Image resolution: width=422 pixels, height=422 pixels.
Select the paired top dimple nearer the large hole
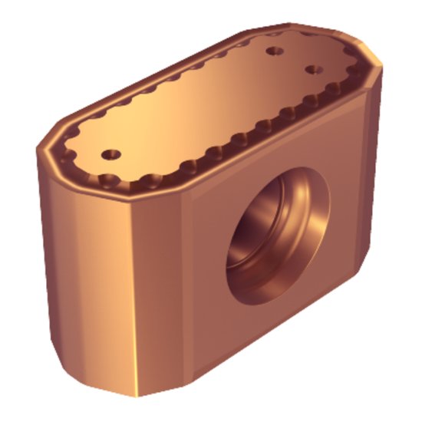click(x=312, y=69)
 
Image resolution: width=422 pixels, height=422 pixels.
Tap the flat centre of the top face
click(x=215, y=100)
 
